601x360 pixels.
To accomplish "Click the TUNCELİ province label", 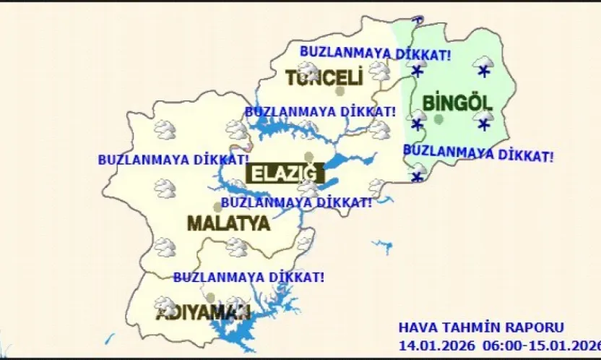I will pos(322,78).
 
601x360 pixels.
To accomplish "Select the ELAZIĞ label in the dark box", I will pos(282,173).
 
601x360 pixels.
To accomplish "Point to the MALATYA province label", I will pos(228,223).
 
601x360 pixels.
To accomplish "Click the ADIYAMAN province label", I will pos(203,313).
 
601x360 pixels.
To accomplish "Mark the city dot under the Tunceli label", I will pos(340,91).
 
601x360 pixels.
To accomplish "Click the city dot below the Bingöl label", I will pos(438,119).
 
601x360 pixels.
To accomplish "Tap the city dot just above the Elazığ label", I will pos(309,157).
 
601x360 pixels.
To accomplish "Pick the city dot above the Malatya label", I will pos(217,207).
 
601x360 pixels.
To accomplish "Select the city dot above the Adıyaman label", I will pos(210,297).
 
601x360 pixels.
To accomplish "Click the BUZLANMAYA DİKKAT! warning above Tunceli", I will pos(375,53).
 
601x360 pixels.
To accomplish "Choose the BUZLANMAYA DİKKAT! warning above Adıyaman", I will pos(248,277).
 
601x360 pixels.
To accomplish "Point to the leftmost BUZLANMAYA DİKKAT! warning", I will pos(173,159).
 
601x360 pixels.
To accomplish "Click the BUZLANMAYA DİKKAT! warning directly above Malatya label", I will pos(296,203).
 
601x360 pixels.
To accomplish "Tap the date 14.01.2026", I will pos(431,343).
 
